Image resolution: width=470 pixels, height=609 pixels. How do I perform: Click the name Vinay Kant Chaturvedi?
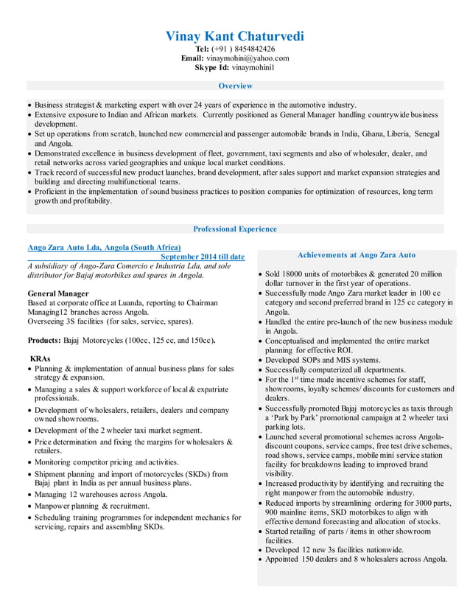(234, 35)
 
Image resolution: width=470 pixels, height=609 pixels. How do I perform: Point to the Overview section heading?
(235, 86)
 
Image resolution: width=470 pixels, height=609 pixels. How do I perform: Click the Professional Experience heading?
(235, 229)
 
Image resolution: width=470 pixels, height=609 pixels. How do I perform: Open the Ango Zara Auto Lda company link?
(104, 247)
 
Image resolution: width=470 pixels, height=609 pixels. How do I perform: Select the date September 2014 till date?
(203, 257)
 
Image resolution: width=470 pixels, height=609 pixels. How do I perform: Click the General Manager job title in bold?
(58, 293)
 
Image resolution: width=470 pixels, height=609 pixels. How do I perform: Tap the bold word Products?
(43, 341)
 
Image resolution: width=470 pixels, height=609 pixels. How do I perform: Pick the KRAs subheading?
(39, 358)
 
